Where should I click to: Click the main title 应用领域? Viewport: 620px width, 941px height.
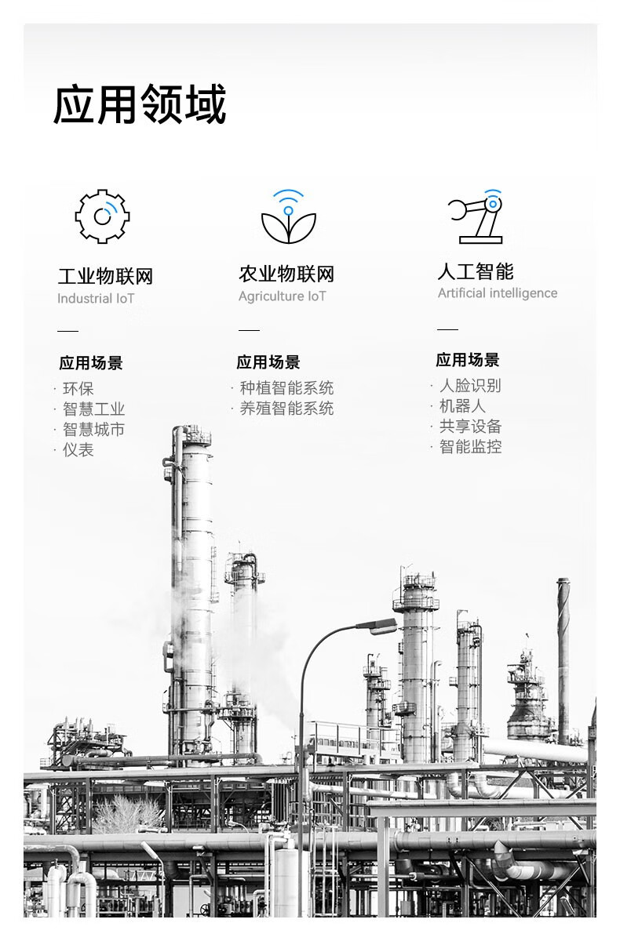(x=140, y=105)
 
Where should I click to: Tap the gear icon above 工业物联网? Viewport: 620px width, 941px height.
(x=102, y=216)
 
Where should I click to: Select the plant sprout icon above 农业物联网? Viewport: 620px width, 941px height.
(x=288, y=217)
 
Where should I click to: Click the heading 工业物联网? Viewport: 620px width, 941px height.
(x=105, y=276)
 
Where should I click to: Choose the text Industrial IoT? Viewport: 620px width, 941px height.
(x=96, y=299)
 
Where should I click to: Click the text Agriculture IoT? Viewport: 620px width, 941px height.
(x=282, y=296)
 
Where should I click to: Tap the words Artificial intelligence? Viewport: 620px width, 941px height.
(x=497, y=293)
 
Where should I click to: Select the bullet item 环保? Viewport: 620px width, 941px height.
(x=78, y=389)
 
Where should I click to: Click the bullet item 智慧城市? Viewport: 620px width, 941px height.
(x=93, y=430)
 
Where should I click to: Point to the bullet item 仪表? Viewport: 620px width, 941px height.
(x=78, y=450)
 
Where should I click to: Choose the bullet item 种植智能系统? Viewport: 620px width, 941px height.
(x=286, y=388)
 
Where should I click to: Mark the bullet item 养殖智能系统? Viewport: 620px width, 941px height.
(x=286, y=409)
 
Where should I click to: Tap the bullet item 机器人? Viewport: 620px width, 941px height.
(x=462, y=406)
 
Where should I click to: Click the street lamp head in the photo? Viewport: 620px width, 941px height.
(x=378, y=626)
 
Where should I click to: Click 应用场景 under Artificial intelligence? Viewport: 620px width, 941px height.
(x=468, y=361)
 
